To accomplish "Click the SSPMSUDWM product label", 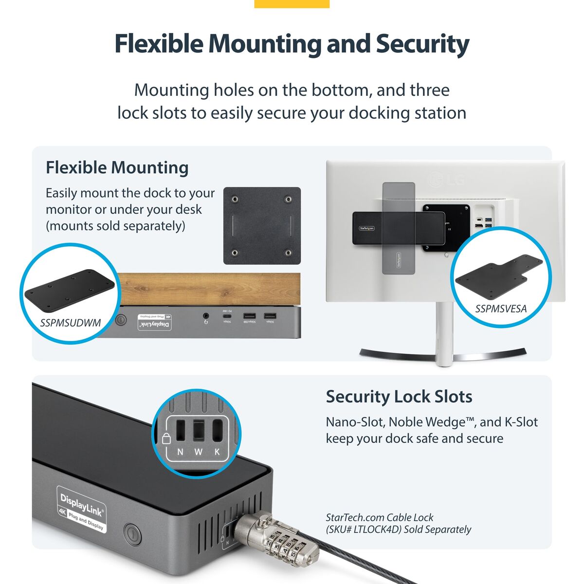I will click(x=71, y=323).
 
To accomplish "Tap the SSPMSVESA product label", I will click(x=501, y=308).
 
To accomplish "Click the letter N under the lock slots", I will click(x=180, y=452).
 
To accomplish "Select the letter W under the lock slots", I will click(x=198, y=452).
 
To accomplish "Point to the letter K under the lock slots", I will click(x=217, y=452).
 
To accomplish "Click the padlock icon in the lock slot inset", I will click(x=166, y=438).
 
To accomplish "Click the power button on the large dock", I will click(x=132, y=533).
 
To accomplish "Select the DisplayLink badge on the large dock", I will click(x=81, y=509).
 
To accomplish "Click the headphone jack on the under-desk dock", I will click(x=206, y=317).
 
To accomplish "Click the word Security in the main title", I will click(x=422, y=44).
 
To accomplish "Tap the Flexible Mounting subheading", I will click(x=117, y=167).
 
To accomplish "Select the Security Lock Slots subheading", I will click(x=399, y=396).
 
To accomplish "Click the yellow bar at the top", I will click(x=292, y=4).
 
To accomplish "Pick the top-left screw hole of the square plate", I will click(x=235, y=199).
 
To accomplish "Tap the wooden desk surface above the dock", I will click(x=209, y=289).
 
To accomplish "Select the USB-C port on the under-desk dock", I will click(x=227, y=317).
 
